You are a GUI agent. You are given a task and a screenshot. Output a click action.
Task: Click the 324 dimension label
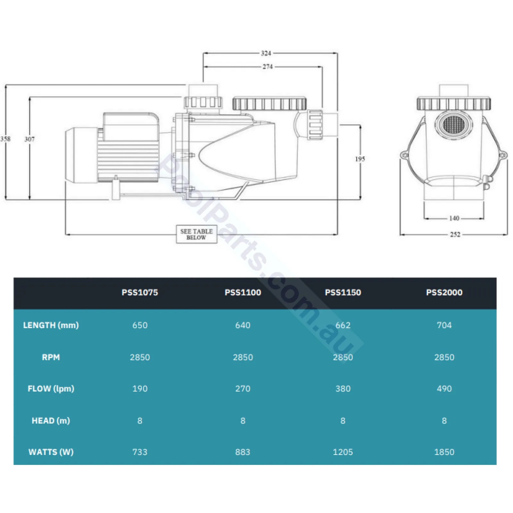click(x=266, y=53)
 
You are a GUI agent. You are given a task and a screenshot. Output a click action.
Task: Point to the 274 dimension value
click(x=267, y=67)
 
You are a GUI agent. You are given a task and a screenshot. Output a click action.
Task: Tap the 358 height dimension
click(x=5, y=139)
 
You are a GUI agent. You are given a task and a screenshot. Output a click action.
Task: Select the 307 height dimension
click(x=29, y=139)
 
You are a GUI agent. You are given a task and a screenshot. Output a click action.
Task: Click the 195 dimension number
click(x=360, y=159)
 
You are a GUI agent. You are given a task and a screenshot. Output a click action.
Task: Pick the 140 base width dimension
click(x=454, y=218)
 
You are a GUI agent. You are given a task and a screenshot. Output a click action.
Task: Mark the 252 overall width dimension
click(x=455, y=234)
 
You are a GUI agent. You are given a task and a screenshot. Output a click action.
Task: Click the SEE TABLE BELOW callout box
click(x=197, y=234)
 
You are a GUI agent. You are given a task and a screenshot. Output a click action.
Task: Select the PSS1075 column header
click(x=140, y=292)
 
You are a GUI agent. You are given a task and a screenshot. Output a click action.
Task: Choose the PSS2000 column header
click(x=444, y=292)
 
